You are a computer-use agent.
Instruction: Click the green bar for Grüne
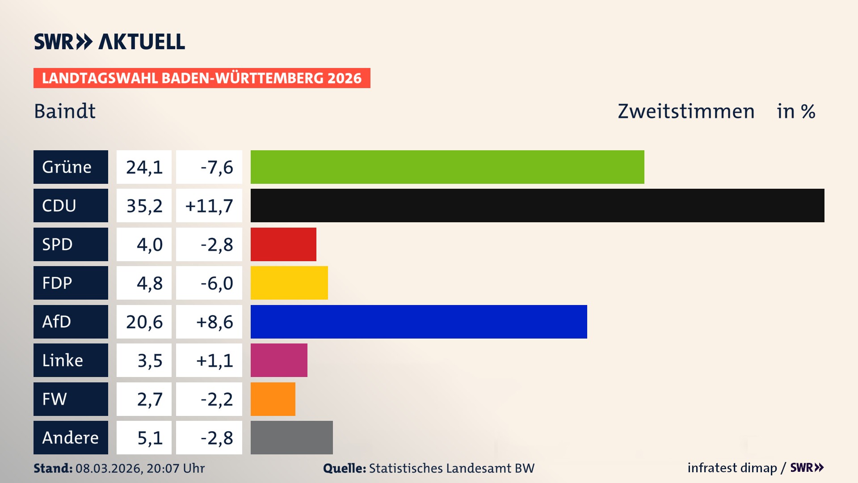[447, 167]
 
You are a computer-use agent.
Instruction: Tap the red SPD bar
[283, 244]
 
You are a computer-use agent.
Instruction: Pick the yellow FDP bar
[289, 283]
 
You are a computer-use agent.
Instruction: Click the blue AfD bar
[419, 322]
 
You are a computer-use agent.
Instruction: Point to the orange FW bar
[273, 399]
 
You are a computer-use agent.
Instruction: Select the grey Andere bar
[291, 437]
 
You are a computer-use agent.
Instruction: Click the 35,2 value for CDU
[144, 206]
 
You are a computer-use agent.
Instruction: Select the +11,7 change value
[209, 206]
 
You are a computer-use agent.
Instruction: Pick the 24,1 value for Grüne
[144, 167]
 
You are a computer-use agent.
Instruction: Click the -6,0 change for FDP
[216, 283]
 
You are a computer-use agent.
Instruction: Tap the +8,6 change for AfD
[214, 322]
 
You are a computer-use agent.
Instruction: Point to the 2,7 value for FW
[149, 399]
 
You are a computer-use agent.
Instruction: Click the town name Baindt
[65, 111]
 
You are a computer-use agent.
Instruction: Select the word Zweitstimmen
[686, 111]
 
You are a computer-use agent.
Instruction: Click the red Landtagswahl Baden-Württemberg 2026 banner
[202, 78]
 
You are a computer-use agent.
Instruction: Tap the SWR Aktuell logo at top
[109, 42]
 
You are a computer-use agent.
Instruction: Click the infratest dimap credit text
[732, 468]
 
